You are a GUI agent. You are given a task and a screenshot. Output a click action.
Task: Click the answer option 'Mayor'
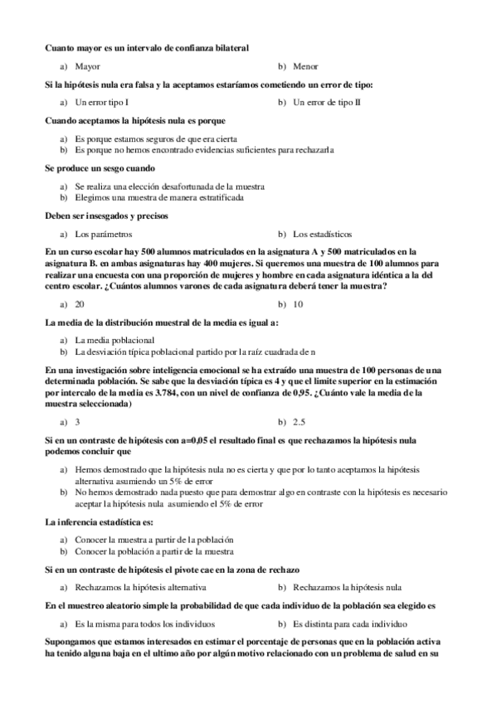(x=87, y=65)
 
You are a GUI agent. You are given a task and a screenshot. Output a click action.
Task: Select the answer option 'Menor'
(x=305, y=65)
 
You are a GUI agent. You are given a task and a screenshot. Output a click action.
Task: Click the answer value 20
(x=80, y=304)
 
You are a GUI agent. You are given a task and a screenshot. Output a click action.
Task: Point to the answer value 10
(x=299, y=304)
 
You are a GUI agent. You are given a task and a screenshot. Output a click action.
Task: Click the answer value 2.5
(x=300, y=421)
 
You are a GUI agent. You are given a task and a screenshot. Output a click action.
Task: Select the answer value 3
(x=77, y=421)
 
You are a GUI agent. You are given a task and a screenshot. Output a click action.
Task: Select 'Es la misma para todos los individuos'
(x=144, y=622)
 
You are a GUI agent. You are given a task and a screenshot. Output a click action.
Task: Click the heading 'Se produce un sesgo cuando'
(x=92, y=168)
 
